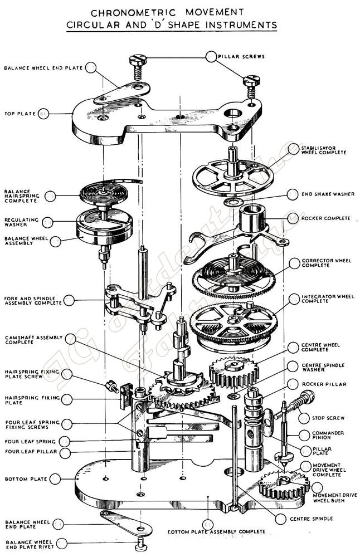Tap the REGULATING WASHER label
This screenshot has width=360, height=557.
pyautogui.click(x=22, y=222)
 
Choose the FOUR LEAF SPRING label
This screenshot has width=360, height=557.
pyautogui.click(x=30, y=441)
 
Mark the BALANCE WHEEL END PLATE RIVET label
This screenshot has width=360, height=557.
pyautogui.click(x=28, y=544)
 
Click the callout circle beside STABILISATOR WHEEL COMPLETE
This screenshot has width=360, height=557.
pyautogui.click(x=294, y=149)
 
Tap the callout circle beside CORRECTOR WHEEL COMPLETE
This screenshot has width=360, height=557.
pyautogui.click(x=294, y=263)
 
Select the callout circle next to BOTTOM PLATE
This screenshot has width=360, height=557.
pyautogui.click(x=55, y=478)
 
